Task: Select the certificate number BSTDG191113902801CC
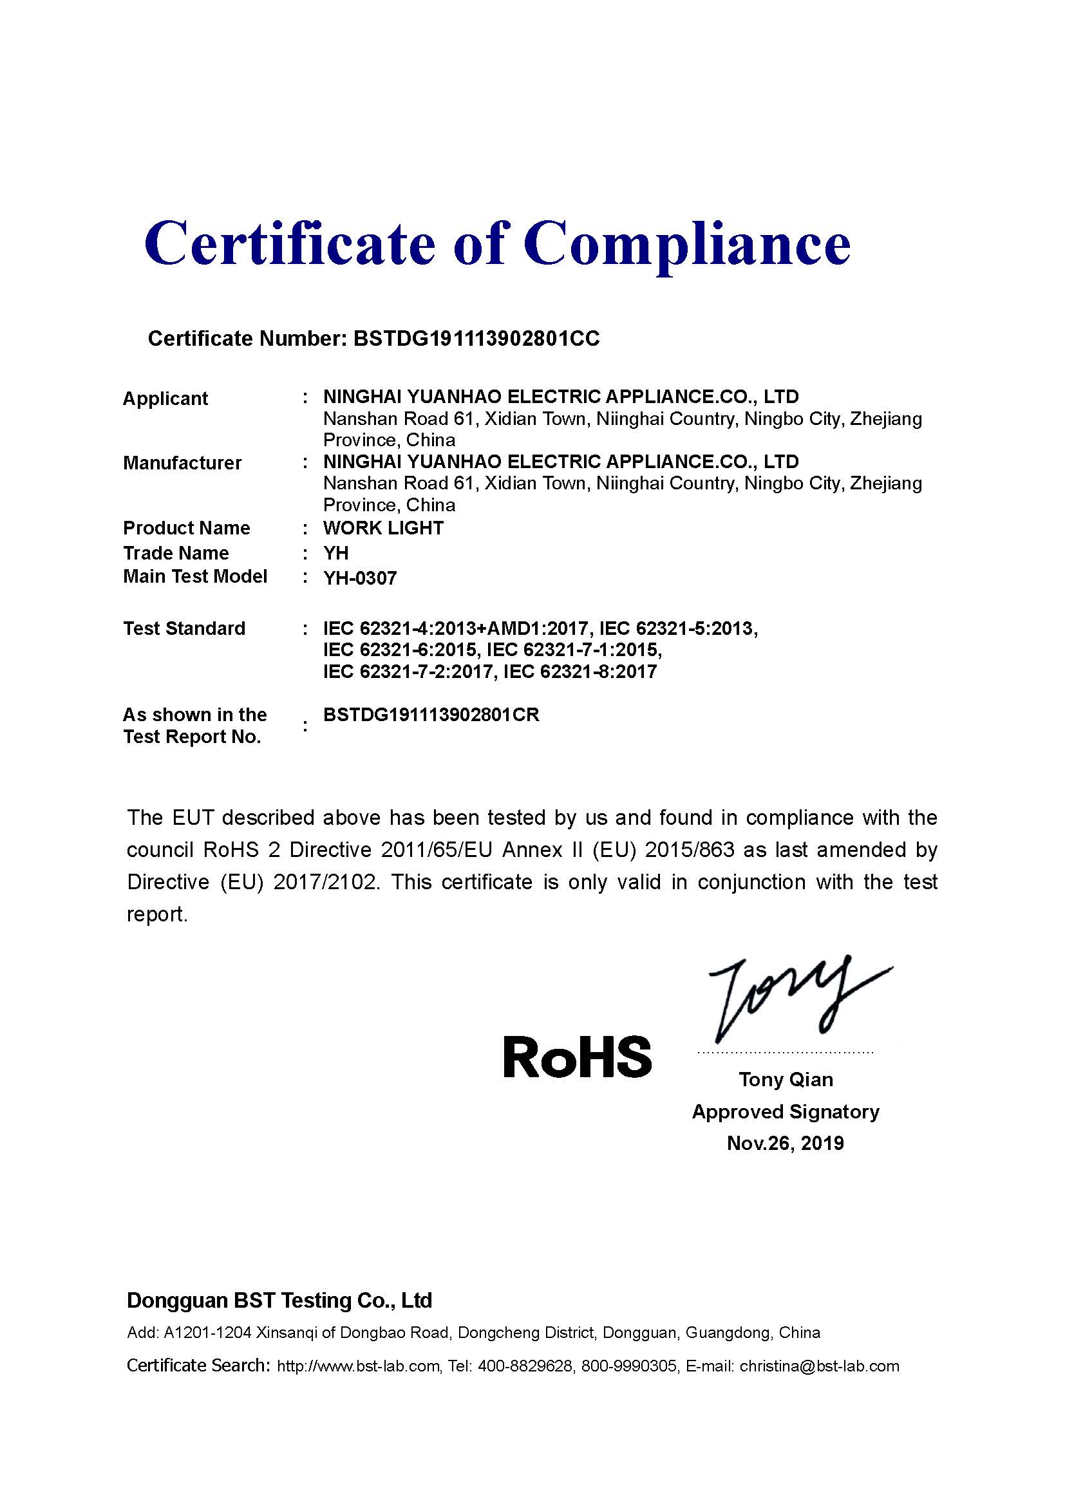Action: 476,339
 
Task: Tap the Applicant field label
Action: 165,399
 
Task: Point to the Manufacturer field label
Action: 182,463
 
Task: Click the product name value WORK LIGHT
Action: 384,528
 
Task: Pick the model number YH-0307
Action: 360,579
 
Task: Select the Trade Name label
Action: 176,553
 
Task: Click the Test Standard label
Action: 184,628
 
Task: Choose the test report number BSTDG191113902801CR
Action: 431,715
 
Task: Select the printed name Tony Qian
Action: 786,1080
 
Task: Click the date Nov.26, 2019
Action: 786,1144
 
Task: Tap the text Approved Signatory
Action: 786,1112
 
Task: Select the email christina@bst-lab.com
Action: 819,1366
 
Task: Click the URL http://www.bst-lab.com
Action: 358,1366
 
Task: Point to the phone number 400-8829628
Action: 525,1366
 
